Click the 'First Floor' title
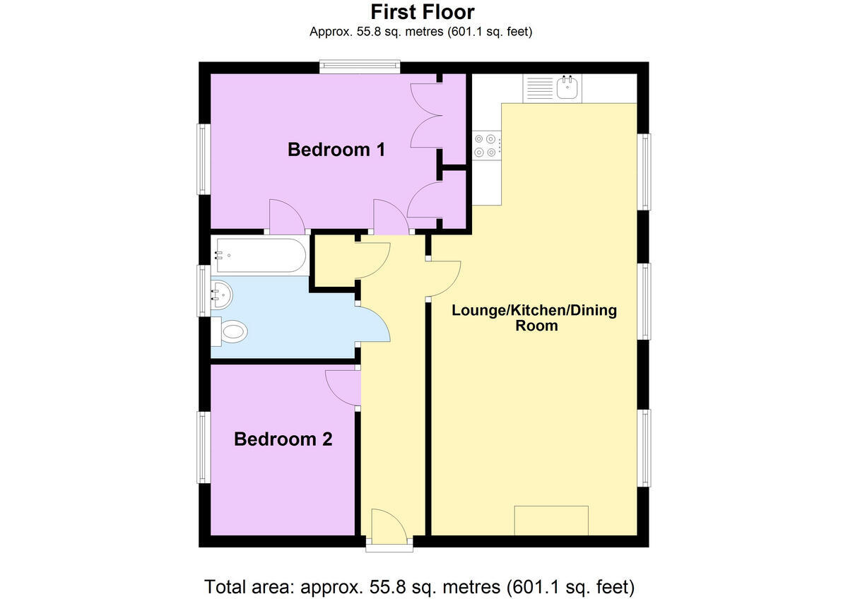point(423,12)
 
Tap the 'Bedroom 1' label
point(336,150)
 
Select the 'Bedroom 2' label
point(283,439)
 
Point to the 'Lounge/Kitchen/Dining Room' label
point(534,318)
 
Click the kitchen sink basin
point(567,88)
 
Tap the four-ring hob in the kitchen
point(486,145)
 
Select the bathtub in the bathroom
point(259,255)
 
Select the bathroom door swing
point(373,324)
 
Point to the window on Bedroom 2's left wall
point(204,447)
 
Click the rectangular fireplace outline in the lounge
point(550,521)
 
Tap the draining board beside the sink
point(538,88)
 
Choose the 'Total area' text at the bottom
point(419,586)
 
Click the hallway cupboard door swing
point(373,260)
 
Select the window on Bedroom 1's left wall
point(204,159)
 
